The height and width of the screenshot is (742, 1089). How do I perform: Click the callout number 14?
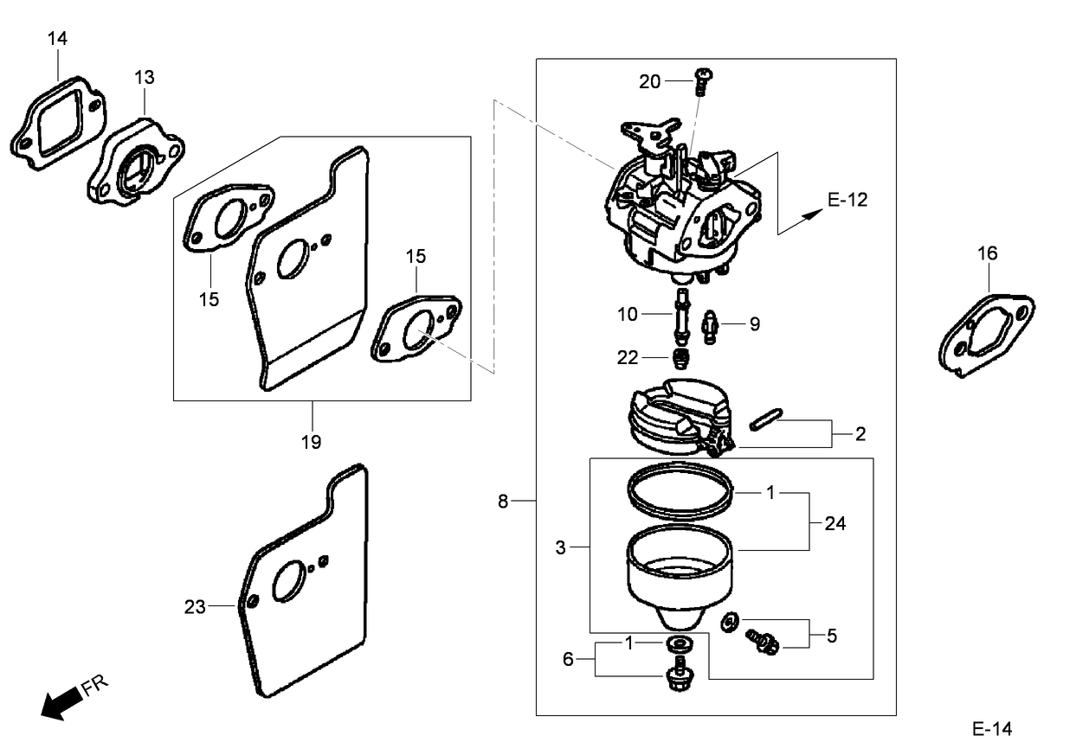[x=57, y=38]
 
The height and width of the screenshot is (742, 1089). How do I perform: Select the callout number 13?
[x=145, y=77]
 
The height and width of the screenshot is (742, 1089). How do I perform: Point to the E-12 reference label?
[x=847, y=200]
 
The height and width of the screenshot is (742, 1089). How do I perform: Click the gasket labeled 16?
[x=987, y=336]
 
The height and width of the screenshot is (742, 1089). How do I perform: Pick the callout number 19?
[x=311, y=442]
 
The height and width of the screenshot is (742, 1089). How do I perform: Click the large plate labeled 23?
[x=302, y=580]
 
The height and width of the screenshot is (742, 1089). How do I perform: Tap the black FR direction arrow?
[x=62, y=702]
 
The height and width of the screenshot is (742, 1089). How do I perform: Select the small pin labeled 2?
[x=766, y=419]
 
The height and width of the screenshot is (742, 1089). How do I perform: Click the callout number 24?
[x=835, y=523]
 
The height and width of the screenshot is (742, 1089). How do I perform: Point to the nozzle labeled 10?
[x=682, y=317]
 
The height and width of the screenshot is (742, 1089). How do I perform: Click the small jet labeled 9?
[x=711, y=328]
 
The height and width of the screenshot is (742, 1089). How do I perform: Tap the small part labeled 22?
[x=680, y=359]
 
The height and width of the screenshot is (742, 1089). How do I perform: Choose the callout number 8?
[x=503, y=501]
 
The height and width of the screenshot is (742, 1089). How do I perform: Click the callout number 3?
[x=561, y=547]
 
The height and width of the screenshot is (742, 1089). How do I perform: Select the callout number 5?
[x=832, y=636]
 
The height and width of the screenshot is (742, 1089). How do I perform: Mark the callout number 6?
[x=568, y=659]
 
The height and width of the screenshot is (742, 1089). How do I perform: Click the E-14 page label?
[x=992, y=728]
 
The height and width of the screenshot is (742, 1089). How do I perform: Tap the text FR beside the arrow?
[x=95, y=685]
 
